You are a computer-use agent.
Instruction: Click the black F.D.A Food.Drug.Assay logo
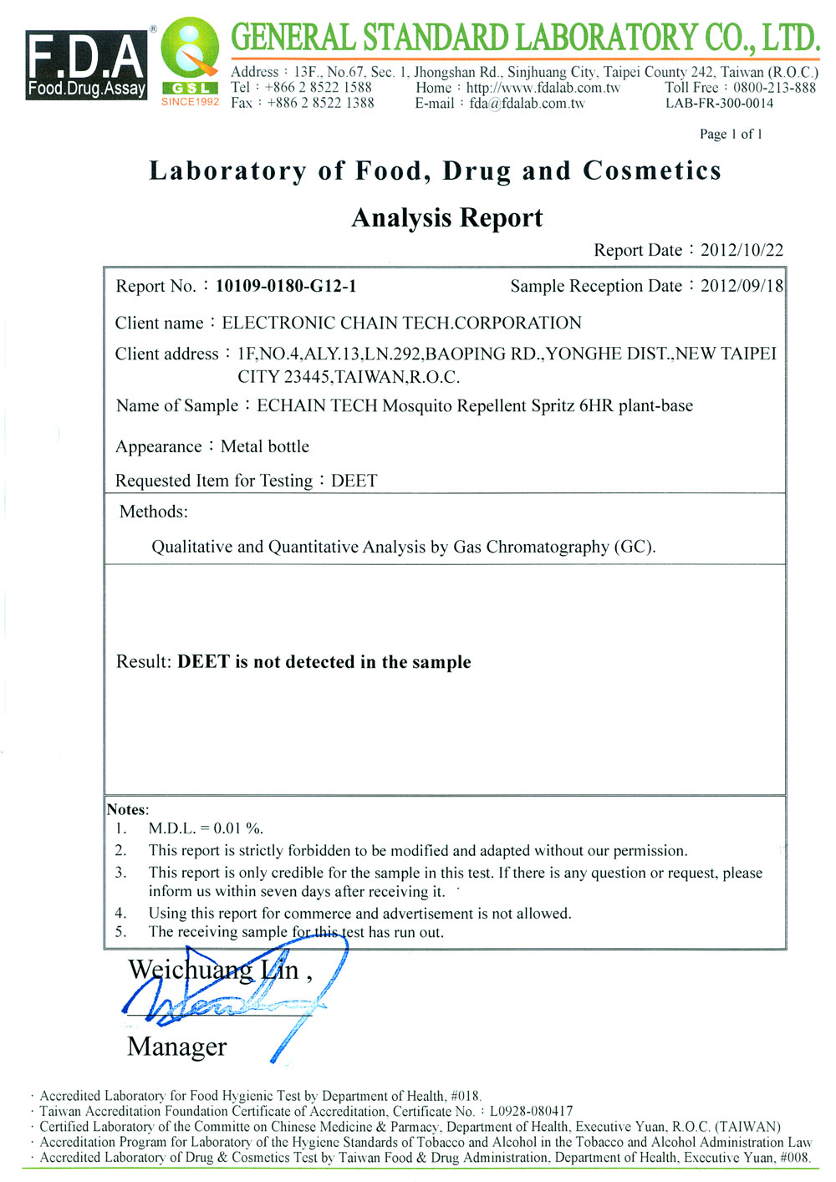[x=86, y=65]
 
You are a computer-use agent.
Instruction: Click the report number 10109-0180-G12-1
[x=286, y=286]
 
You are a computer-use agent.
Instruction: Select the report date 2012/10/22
[x=742, y=250]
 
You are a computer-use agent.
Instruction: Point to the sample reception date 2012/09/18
[x=742, y=286]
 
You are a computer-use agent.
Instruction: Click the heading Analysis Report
[x=447, y=218]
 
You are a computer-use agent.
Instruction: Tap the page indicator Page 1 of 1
[x=731, y=134]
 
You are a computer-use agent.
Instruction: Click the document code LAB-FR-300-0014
[x=719, y=104]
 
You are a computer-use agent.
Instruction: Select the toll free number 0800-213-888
[x=774, y=88]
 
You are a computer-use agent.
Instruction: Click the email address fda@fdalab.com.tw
[x=527, y=104]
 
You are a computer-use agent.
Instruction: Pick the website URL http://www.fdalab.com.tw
[x=543, y=88]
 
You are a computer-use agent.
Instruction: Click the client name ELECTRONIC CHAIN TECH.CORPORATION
[x=401, y=323]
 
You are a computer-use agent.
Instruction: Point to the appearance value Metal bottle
[x=265, y=446]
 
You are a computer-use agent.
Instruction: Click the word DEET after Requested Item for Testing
[x=354, y=481]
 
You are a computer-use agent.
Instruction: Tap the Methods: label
[x=154, y=512]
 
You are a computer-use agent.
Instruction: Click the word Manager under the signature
[x=177, y=1047]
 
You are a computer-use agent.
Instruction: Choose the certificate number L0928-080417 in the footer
[x=531, y=1111]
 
